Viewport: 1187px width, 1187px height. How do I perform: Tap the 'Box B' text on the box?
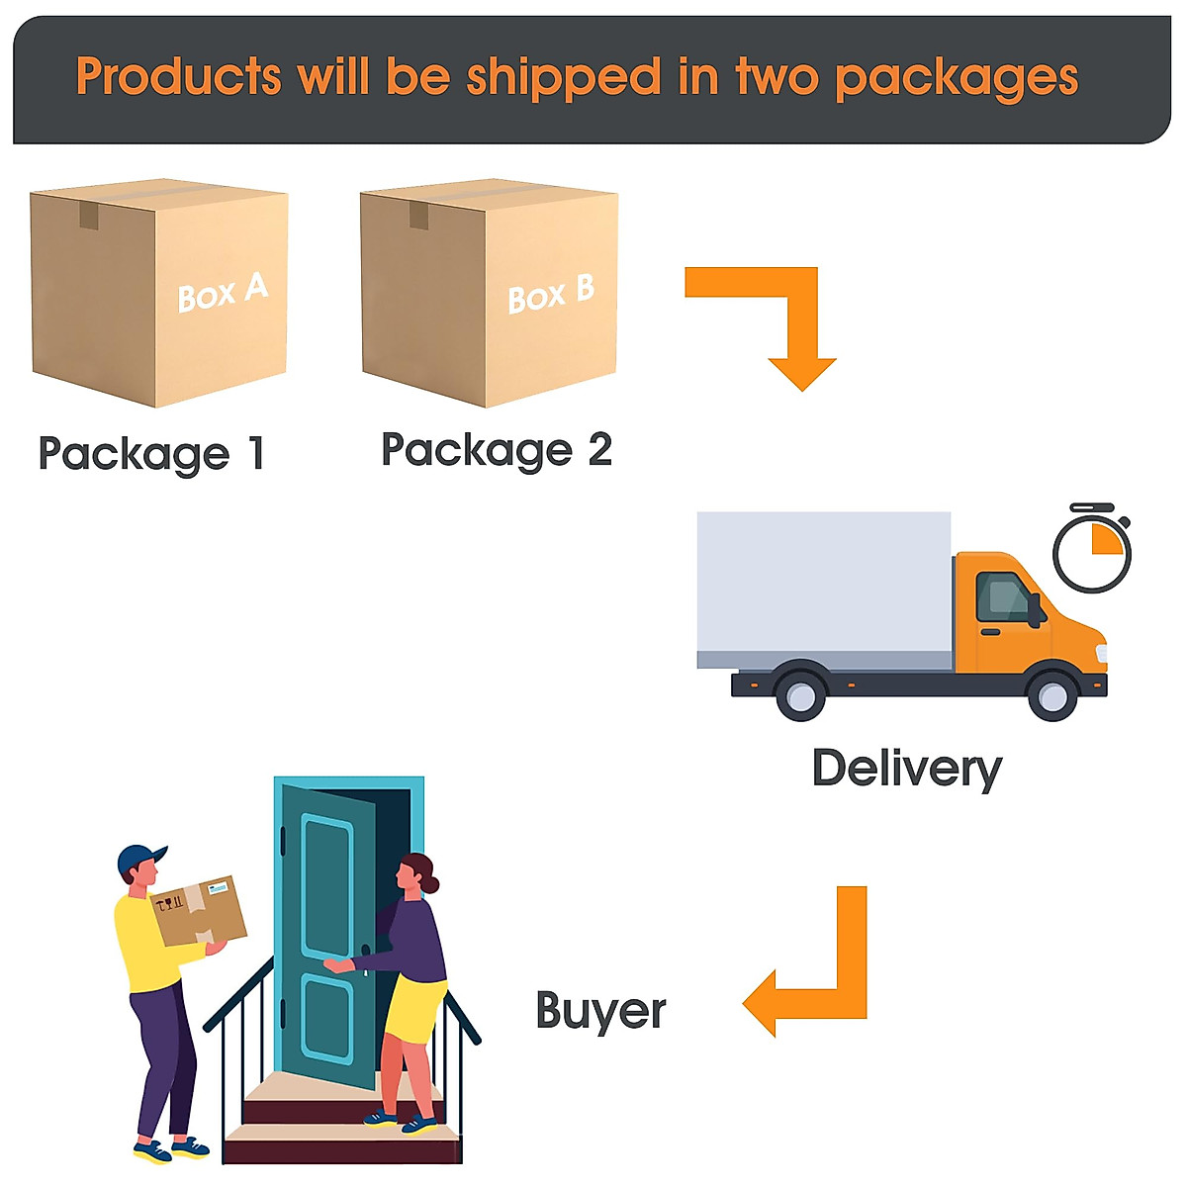pos(551,294)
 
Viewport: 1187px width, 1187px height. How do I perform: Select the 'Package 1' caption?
pos(151,454)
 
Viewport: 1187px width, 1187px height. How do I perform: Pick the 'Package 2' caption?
pos(497,450)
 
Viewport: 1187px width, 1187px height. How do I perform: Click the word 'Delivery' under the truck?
pos(907,769)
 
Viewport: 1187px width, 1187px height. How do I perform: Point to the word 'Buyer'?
pos(600,1011)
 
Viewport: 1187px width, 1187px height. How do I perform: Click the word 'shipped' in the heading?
pos(564,77)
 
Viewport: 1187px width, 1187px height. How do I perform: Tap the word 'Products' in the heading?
pos(179,76)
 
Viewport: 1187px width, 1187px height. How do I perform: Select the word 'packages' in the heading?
pos(957,78)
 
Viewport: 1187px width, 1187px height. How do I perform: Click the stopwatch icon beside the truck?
pos(1092,550)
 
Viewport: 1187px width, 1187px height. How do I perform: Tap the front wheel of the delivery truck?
pos(1052,695)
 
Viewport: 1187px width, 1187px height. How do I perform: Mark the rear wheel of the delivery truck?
pos(800,694)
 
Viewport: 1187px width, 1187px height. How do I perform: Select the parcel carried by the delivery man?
pos(199,910)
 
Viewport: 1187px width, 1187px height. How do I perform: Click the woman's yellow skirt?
pos(413,1009)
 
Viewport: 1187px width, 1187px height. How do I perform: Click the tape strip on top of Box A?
pos(89,215)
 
